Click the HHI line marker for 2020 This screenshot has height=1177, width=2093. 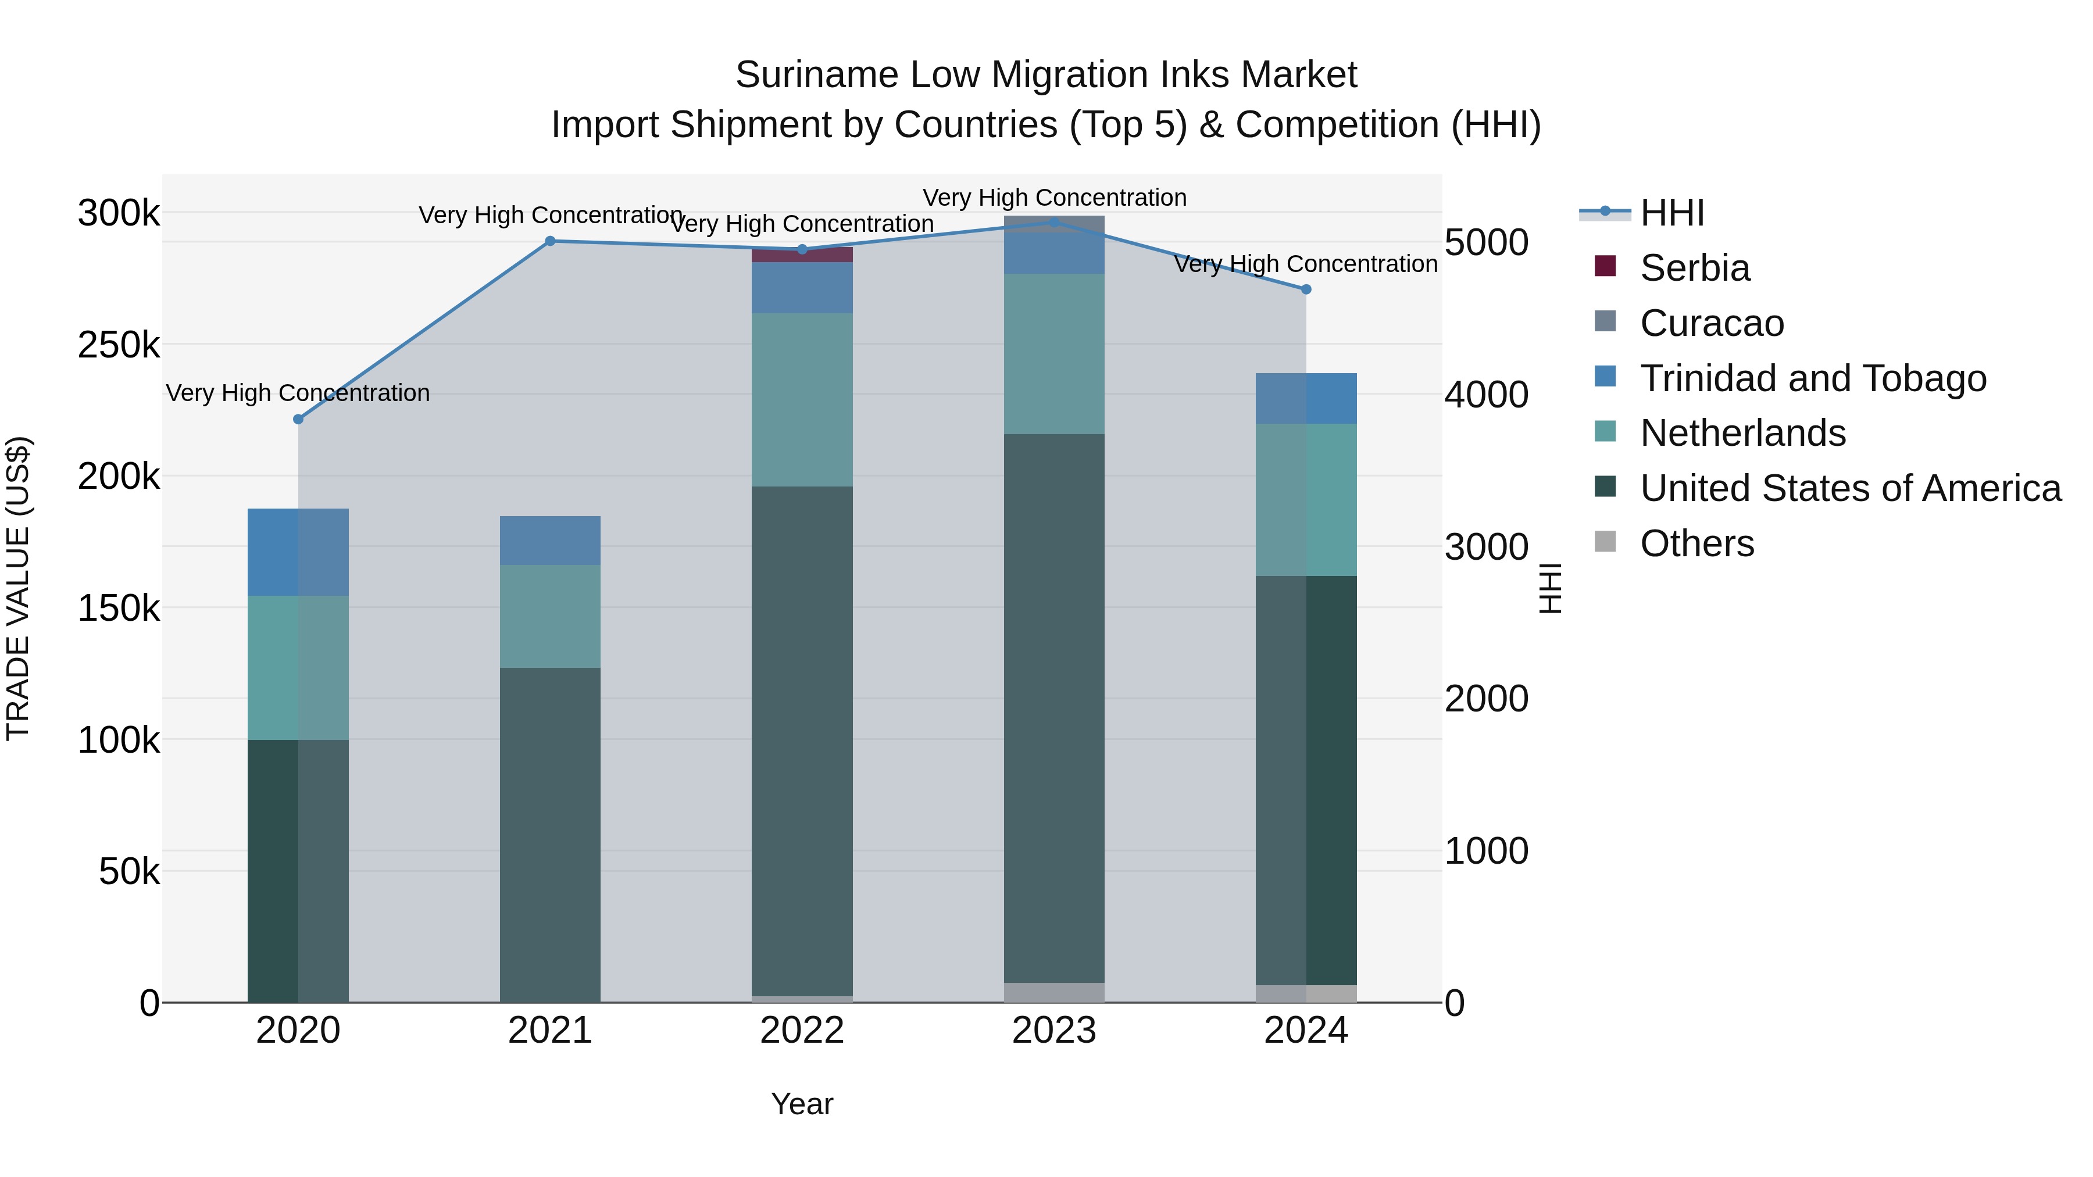(x=298, y=419)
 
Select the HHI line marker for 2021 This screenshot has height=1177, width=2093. (x=550, y=241)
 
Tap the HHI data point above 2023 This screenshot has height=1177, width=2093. (x=1054, y=222)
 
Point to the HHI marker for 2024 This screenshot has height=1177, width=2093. (x=1306, y=289)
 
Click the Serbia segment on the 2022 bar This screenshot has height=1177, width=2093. (x=802, y=256)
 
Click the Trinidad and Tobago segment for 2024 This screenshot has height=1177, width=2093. (x=1306, y=399)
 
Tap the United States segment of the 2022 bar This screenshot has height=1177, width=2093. (x=802, y=739)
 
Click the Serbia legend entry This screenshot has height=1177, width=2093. (x=1694, y=268)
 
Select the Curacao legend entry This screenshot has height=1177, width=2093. (x=1711, y=323)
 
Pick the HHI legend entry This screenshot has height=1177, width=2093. (x=1671, y=213)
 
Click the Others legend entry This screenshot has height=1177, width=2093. (x=1696, y=543)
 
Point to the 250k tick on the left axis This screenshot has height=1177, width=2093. (x=119, y=345)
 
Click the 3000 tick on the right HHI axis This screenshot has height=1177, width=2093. (x=1486, y=547)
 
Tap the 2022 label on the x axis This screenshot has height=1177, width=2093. (x=802, y=1031)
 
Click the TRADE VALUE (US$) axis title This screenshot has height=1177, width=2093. (x=18, y=588)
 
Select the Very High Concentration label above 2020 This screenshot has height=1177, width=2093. (x=298, y=393)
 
